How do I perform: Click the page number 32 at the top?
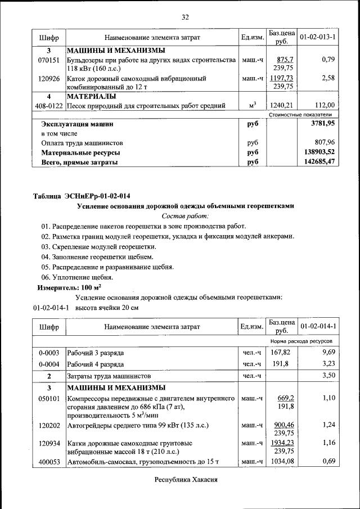point(184,17)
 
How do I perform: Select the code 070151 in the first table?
point(49,60)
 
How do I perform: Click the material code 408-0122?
point(49,105)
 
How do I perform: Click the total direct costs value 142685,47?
point(316,162)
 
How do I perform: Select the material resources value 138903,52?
point(316,152)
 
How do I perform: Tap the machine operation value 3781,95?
point(318,123)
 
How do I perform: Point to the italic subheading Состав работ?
point(185,216)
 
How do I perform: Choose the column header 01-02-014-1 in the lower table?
point(318,326)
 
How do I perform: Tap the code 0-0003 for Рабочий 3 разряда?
point(49,353)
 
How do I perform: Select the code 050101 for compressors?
point(49,398)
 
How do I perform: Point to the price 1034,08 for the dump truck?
point(281,462)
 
